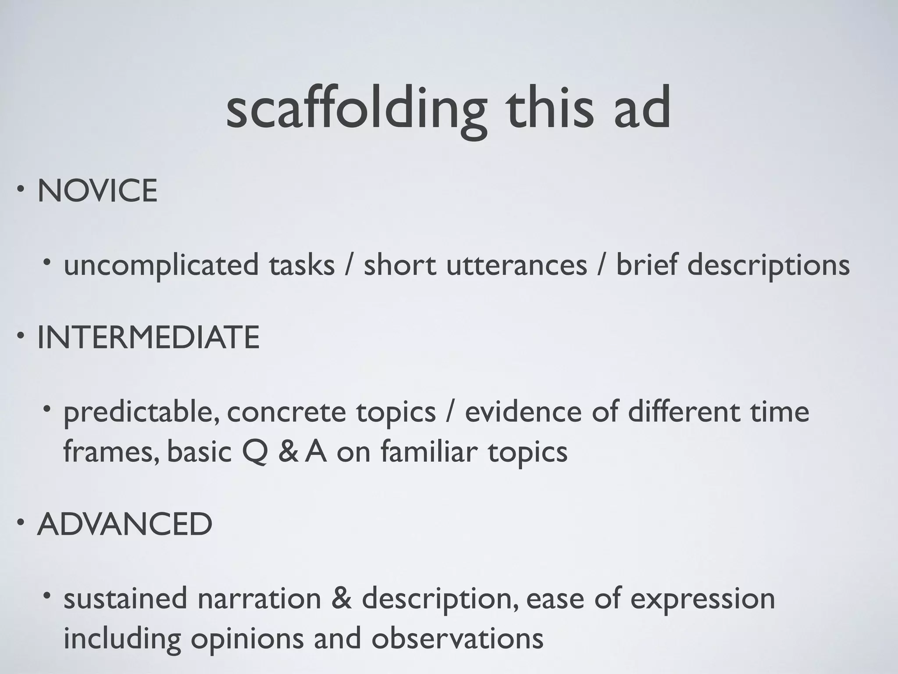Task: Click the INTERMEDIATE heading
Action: coord(148,337)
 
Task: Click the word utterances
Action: coord(517,265)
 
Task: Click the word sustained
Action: coord(125,599)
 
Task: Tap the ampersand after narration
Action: coord(342,599)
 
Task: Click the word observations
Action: coord(457,639)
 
